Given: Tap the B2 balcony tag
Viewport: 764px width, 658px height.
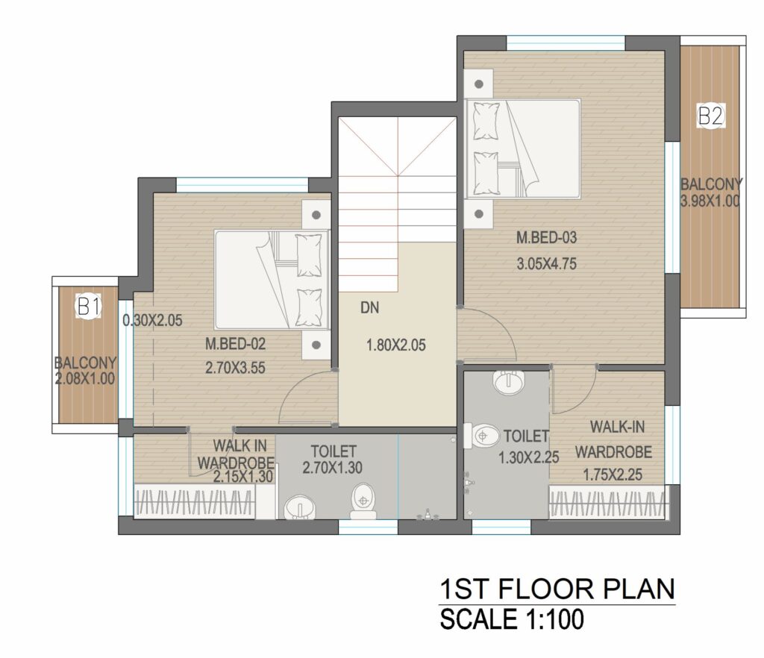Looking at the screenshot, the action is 710,116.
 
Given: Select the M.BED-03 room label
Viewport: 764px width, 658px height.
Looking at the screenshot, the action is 546,238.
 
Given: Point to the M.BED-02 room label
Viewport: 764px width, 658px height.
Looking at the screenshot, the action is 235,344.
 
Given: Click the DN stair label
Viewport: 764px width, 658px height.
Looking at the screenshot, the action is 370,308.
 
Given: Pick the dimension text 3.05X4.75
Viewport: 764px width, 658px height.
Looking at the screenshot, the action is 546,264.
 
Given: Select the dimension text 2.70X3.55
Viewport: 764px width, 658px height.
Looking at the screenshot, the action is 235,368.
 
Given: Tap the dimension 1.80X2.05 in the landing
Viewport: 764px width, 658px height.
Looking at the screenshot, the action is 395,345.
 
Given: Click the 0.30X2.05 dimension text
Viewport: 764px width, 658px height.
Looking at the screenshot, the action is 152,321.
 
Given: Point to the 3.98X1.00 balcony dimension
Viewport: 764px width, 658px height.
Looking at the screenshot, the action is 710,201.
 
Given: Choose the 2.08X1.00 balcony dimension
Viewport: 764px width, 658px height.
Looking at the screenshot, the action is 85,378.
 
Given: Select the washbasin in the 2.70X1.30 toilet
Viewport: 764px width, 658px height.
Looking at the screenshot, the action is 298,507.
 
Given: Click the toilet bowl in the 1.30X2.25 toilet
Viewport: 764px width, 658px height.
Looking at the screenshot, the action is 481,435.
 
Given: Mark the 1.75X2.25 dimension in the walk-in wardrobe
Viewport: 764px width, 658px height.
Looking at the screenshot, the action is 613,474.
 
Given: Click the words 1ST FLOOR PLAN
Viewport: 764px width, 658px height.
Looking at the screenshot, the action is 557,589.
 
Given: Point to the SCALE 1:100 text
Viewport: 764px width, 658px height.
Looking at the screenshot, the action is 512,619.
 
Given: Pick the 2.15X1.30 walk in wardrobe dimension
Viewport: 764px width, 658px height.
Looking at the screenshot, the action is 243,476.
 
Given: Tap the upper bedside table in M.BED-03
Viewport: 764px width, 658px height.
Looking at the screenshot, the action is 478,84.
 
